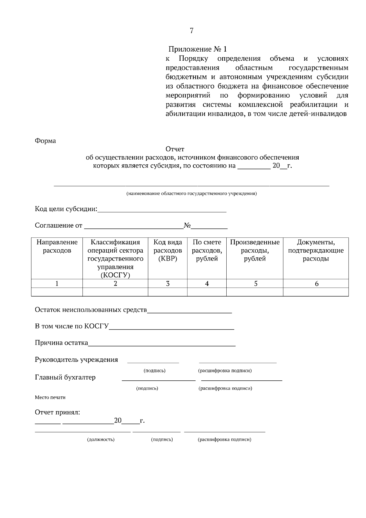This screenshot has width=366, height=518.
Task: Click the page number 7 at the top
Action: pyautogui.click(x=192, y=31)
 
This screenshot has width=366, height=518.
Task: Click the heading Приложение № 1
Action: pyautogui.click(x=198, y=49)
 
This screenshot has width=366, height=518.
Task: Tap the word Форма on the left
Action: pyautogui.click(x=45, y=141)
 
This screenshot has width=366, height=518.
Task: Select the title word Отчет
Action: pyautogui.click(x=175, y=149)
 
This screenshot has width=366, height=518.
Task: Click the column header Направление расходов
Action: pyautogui.click(x=57, y=246)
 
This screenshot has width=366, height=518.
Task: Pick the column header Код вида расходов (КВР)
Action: pyautogui.click(x=167, y=250)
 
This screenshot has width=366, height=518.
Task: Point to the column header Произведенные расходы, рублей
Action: pyautogui.click(x=255, y=250)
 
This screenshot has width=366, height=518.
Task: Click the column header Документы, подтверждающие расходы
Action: pyautogui.click(x=316, y=250)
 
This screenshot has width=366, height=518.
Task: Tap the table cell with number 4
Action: pyautogui.click(x=207, y=284)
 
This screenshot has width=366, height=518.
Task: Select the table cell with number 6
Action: pyautogui.click(x=317, y=284)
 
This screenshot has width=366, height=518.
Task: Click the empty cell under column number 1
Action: pyautogui.click(x=57, y=292)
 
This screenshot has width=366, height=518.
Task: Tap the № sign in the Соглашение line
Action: pyautogui.click(x=187, y=226)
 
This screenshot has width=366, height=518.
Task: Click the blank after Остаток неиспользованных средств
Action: pyautogui.click(x=189, y=311)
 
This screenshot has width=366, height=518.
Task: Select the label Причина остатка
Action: pyautogui.click(x=61, y=343)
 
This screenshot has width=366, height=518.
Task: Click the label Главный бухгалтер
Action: pyautogui.click(x=65, y=377)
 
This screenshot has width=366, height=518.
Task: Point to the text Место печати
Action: pyautogui.click(x=50, y=397)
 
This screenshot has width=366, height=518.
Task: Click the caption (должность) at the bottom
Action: pyautogui.click(x=101, y=440)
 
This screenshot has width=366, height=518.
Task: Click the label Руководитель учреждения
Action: pyautogui.click(x=76, y=360)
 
